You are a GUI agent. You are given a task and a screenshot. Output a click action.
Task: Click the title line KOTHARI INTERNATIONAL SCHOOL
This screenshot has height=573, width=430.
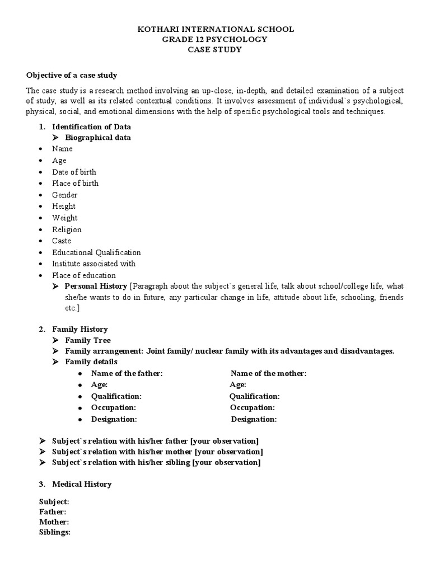tap(215, 29)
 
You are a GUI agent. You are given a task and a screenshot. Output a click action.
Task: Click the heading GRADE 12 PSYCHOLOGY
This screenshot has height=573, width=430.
tap(215, 39)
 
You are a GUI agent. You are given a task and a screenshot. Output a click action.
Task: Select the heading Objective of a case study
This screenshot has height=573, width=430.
tap(72, 75)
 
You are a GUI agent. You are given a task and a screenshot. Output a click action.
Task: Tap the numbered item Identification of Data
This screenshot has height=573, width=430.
tap(91, 127)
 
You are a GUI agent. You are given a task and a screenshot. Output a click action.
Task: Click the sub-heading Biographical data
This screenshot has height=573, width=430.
tap(98, 138)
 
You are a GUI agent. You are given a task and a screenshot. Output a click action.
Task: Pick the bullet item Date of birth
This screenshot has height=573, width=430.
tap(74, 172)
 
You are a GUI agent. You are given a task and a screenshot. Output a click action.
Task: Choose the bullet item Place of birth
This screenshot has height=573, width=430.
tap(75, 183)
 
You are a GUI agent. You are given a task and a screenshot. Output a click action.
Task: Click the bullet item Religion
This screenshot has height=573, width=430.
tap(67, 229)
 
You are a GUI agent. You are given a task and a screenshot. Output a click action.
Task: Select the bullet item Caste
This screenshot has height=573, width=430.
tap(62, 241)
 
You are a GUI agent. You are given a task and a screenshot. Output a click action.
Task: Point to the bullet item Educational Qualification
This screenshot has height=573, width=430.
tap(96, 252)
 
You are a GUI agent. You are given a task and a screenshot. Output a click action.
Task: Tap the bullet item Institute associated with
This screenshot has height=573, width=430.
tap(94, 264)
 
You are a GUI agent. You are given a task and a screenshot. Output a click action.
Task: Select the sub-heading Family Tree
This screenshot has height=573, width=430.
tap(88, 340)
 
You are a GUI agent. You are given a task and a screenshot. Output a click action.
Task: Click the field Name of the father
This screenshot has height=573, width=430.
tap(127, 374)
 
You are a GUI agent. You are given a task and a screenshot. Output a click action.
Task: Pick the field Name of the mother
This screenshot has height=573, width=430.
tap(269, 374)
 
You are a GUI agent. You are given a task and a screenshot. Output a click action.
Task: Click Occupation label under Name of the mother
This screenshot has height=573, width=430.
tap(252, 408)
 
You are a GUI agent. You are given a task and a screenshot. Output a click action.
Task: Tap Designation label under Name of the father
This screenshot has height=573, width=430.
tap(114, 419)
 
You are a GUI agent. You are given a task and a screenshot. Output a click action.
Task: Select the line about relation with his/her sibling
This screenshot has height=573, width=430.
tap(156, 463)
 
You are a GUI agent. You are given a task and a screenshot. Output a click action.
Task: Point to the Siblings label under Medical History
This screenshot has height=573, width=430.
tap(54, 532)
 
